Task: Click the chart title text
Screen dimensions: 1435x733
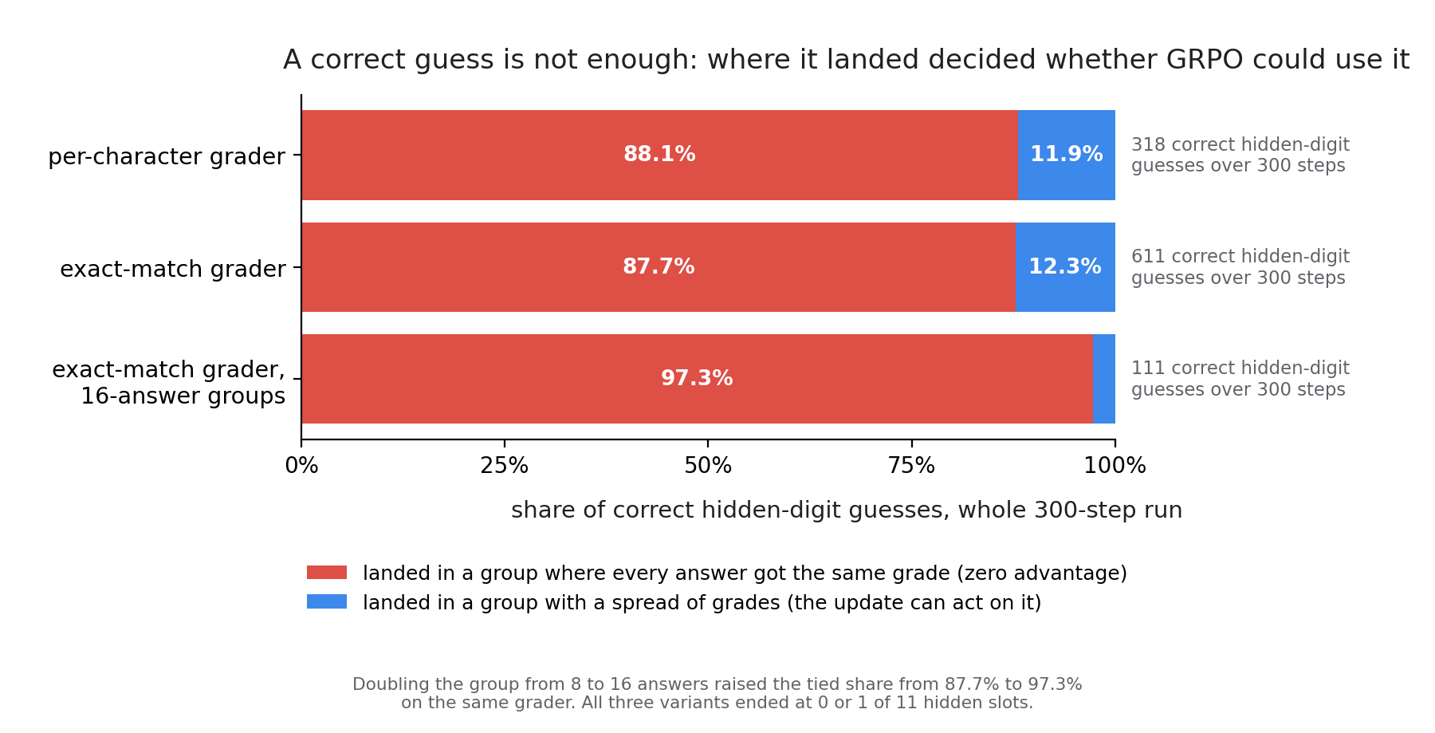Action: click(x=846, y=60)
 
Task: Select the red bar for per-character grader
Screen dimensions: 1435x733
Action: click(x=660, y=155)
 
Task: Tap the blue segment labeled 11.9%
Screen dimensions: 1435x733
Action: click(x=1067, y=155)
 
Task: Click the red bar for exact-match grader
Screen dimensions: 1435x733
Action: click(x=659, y=267)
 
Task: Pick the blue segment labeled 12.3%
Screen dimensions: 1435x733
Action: click(x=1065, y=267)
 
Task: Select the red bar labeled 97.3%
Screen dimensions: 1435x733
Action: click(x=698, y=379)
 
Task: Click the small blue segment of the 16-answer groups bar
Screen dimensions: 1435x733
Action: click(x=1104, y=379)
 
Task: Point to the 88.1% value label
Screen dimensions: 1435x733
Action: click(x=659, y=155)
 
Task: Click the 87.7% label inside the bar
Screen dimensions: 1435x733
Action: click(x=659, y=267)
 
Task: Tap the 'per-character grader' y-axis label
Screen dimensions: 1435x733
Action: click(x=167, y=156)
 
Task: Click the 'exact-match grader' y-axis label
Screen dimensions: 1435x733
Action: click(x=173, y=269)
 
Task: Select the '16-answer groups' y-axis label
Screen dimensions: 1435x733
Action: click(x=183, y=396)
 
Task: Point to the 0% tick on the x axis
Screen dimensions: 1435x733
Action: click(x=301, y=466)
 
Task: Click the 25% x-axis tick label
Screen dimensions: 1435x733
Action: click(x=505, y=466)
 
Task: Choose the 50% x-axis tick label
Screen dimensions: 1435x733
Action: click(x=708, y=466)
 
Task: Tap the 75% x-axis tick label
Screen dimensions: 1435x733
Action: click(x=911, y=466)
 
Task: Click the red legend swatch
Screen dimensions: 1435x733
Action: click(x=327, y=573)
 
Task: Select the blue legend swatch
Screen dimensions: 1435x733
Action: click(x=327, y=601)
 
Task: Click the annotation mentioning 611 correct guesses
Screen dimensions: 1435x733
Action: click(x=1240, y=267)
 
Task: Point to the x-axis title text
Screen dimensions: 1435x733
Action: click(x=847, y=510)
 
